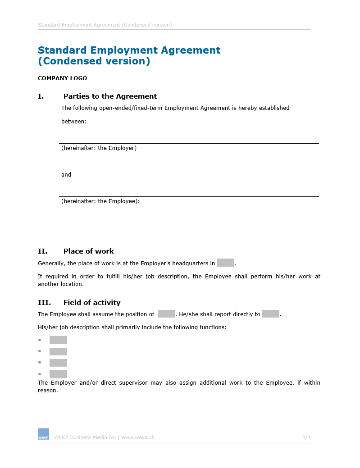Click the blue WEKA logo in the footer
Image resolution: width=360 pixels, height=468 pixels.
coord(44,434)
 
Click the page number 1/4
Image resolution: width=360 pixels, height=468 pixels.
coord(306,437)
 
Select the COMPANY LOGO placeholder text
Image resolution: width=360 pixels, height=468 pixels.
coord(62,78)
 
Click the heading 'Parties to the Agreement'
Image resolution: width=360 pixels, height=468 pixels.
coord(110,96)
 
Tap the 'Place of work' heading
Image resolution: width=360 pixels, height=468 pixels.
coord(88,251)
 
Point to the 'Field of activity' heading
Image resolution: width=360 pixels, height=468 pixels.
coord(92,303)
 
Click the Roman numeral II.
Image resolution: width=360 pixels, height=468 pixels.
coord(42,251)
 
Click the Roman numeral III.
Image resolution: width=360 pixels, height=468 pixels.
coord(44,303)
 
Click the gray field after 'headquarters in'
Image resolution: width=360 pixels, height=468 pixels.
coord(225,263)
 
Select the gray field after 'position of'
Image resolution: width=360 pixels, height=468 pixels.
coord(166,314)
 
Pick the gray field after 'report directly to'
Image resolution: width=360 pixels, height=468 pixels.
coord(270,314)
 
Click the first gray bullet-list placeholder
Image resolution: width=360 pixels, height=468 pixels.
coord(58,340)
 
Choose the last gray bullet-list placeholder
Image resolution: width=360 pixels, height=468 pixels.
coord(58,374)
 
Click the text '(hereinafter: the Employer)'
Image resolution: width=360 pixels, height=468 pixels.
coord(99,148)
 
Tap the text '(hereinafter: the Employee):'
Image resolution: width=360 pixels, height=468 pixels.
coord(100,201)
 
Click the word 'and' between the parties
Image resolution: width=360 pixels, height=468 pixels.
coord(66,175)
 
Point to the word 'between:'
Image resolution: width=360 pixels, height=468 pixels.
coord(73,122)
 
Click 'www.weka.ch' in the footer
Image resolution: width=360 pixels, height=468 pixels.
coord(138,437)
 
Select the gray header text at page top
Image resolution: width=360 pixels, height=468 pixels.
coord(105,25)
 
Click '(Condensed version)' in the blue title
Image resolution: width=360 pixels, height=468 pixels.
coord(94,61)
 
